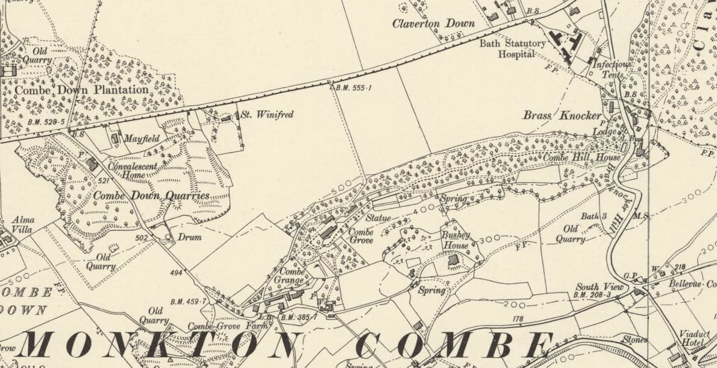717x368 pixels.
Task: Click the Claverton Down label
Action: pyautogui.click(x=433, y=24)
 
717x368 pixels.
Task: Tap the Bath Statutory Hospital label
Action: pyautogui.click(x=513, y=48)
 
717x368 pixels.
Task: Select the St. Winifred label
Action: pyautogui.click(x=267, y=114)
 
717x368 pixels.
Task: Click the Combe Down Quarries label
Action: pyautogui.click(x=151, y=195)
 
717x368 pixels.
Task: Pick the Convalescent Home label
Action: pyautogui.click(x=133, y=171)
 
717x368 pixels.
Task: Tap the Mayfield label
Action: pyautogui.click(x=142, y=139)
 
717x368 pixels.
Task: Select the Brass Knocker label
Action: pyautogui.click(x=562, y=115)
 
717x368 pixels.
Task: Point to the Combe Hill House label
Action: pyautogui.click(x=573, y=157)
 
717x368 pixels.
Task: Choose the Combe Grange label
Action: pyautogui.click(x=290, y=276)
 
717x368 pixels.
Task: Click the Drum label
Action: pyautogui.click(x=189, y=237)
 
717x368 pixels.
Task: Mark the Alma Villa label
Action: pyautogui.click(x=23, y=224)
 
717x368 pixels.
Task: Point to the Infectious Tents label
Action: pyautogui.click(x=612, y=69)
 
